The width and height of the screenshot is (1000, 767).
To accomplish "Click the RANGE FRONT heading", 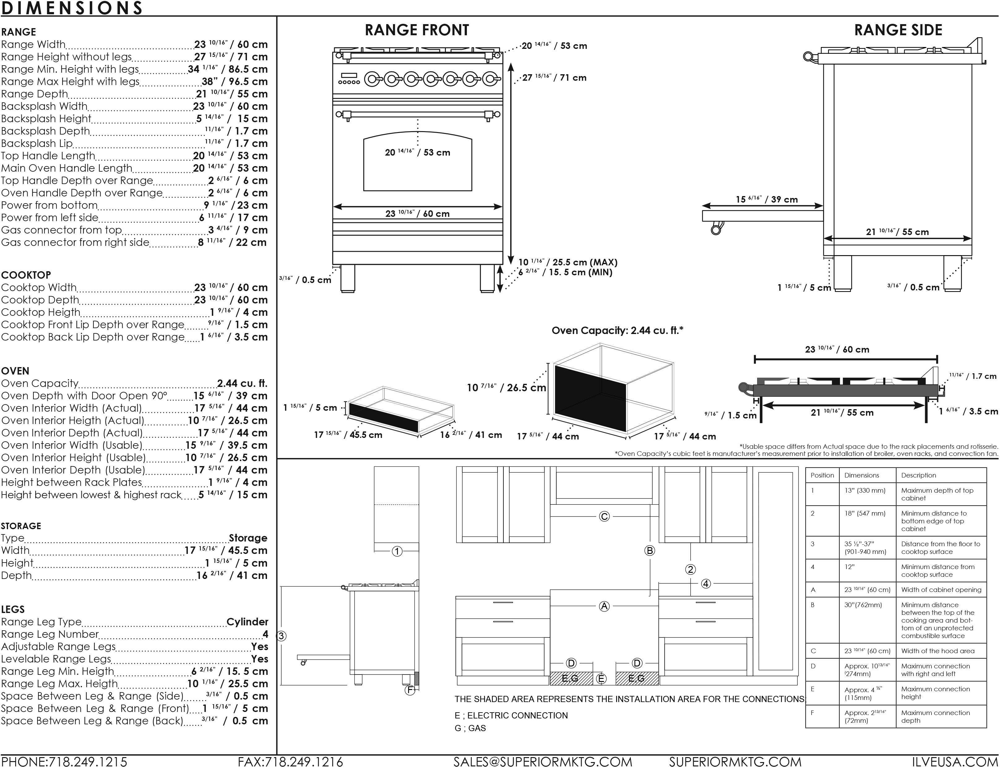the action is pos(416,30).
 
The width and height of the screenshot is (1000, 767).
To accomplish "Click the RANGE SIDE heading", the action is pos(898,30).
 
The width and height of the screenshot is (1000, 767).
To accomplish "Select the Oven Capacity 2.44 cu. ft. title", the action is pos(617,331).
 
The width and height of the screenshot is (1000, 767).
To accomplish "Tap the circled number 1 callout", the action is pos(397,551).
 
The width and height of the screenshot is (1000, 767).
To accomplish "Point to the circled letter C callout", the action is pos(604,516).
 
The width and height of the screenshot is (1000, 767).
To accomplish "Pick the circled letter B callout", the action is pos(649,551).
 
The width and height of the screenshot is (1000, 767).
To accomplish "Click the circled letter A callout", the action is pos(604,606).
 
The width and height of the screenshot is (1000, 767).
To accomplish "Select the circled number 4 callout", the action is pos(706,584).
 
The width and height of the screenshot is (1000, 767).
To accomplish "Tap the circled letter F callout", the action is pos(410,690).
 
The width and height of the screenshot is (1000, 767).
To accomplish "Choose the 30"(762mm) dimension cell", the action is pos(863,605).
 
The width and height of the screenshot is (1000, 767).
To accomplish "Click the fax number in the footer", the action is pos(291,761).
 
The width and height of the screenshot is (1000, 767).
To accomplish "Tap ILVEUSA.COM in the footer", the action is pos(955,761).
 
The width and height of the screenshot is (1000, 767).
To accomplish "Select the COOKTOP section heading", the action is pos(26,275).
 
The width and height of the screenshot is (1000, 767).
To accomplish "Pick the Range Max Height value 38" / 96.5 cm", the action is pos(235,82).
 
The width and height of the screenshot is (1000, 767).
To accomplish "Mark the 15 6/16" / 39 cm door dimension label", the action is pos(767,199).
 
